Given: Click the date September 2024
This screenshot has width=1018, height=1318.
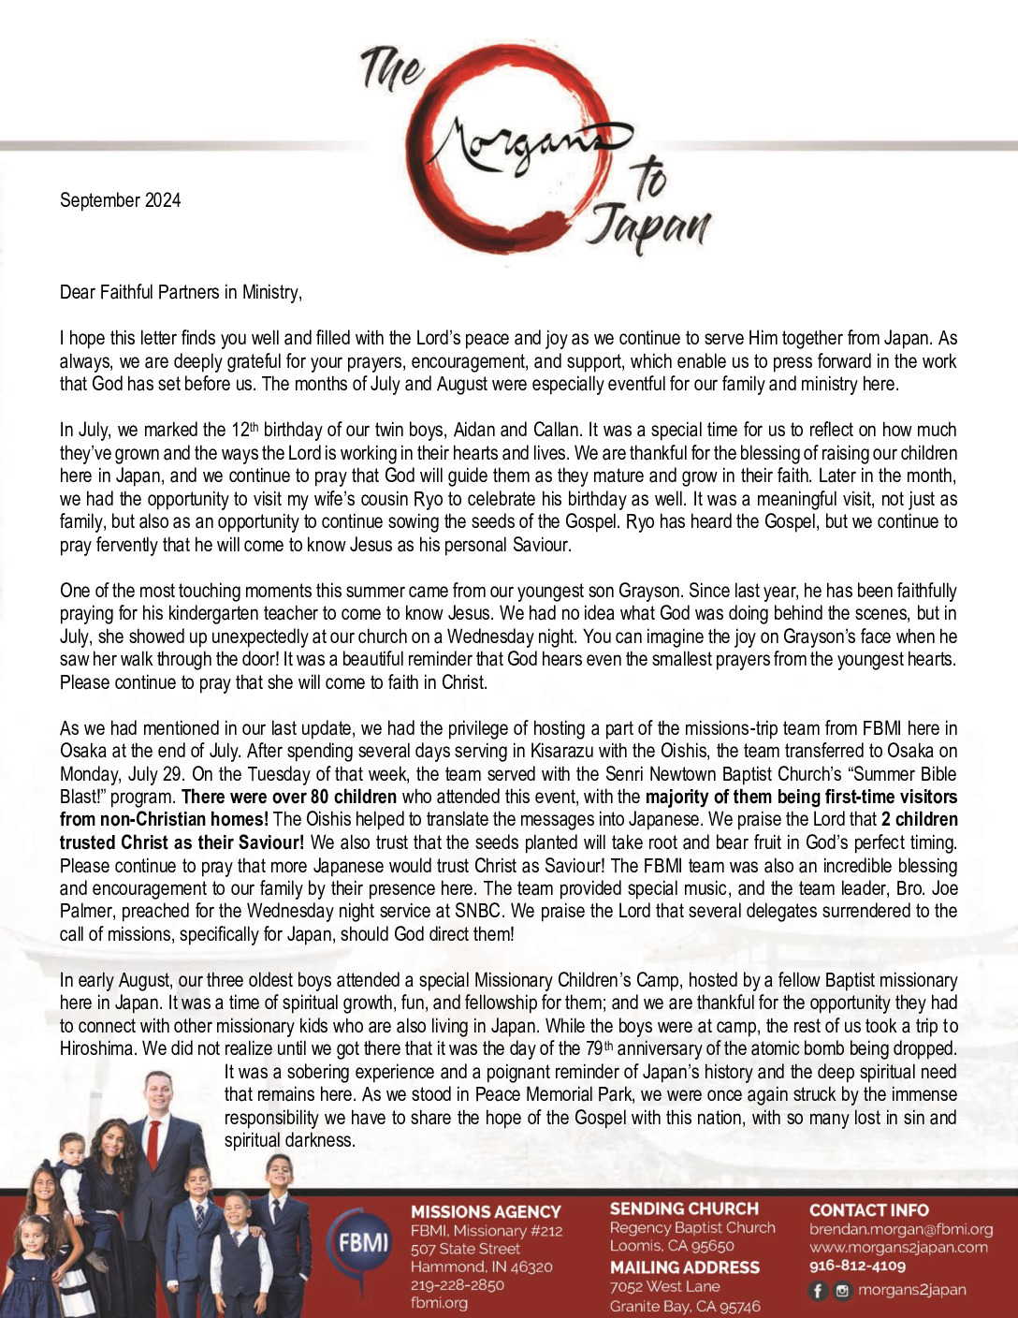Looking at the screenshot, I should pos(120,200).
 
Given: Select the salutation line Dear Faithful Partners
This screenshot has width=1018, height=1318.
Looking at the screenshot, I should pos(181,292).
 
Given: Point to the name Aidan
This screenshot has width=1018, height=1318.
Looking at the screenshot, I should pos(475,430).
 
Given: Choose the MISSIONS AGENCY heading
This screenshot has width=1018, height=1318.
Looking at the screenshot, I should pos(486,1211).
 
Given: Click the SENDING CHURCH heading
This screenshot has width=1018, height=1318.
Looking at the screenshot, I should pos(684,1208).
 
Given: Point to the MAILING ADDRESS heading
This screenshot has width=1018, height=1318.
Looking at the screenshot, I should pos(684,1267).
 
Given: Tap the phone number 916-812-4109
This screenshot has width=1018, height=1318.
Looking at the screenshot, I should pos(857,1266).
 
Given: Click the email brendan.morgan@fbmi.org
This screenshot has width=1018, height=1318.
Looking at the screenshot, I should pos(900,1229).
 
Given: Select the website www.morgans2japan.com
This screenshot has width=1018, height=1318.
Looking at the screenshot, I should pos(898,1247).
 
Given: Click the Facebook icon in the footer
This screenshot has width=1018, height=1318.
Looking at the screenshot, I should pos(818,1291).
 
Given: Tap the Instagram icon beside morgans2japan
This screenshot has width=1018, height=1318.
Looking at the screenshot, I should pos(842,1291).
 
